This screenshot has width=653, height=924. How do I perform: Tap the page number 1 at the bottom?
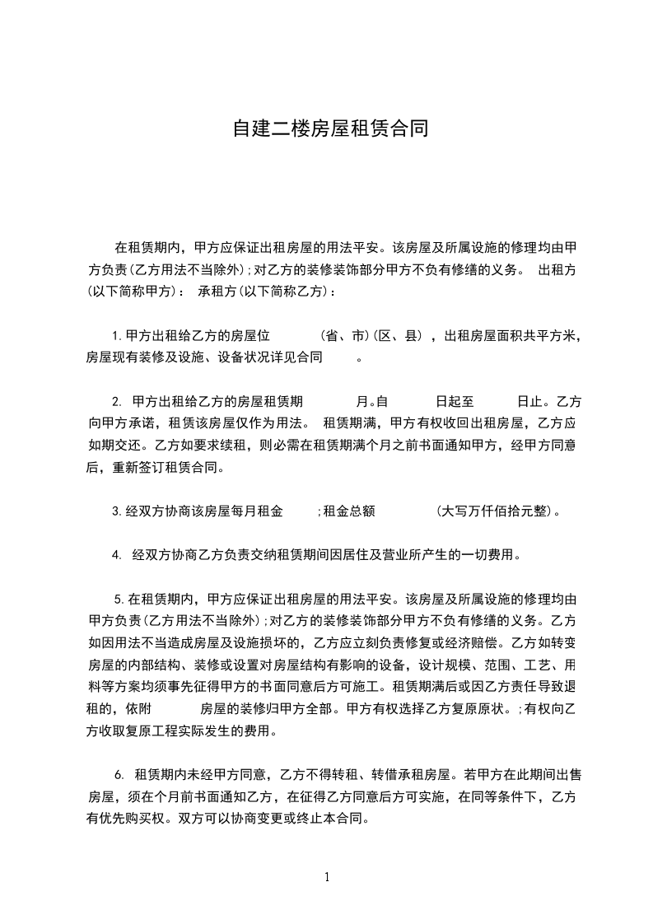(x=327, y=877)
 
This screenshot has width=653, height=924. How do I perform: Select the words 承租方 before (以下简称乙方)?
(x=218, y=291)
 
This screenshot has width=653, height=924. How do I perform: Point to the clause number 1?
(x=116, y=336)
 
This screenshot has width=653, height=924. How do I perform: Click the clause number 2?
(x=116, y=402)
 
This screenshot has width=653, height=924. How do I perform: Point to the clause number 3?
(x=116, y=511)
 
